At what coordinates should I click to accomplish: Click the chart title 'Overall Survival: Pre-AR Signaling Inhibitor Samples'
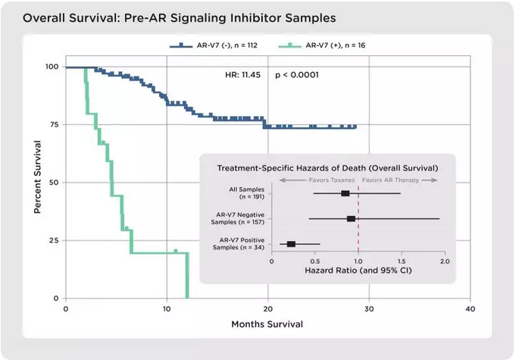click(x=169, y=16)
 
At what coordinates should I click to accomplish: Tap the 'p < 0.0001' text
click(x=296, y=75)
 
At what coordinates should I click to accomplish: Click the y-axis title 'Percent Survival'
click(x=37, y=175)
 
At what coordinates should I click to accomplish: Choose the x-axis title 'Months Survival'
click(x=267, y=324)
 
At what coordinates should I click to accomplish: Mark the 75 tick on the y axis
click(x=54, y=124)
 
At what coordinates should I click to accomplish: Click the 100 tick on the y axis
click(x=52, y=67)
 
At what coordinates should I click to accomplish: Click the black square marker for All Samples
click(x=346, y=193)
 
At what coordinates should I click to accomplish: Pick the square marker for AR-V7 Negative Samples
click(x=351, y=218)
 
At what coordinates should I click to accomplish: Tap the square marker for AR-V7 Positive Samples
click(x=291, y=244)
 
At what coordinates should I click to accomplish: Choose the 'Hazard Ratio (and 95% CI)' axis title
click(x=358, y=270)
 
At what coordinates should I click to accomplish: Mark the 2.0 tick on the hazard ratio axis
click(x=444, y=260)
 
